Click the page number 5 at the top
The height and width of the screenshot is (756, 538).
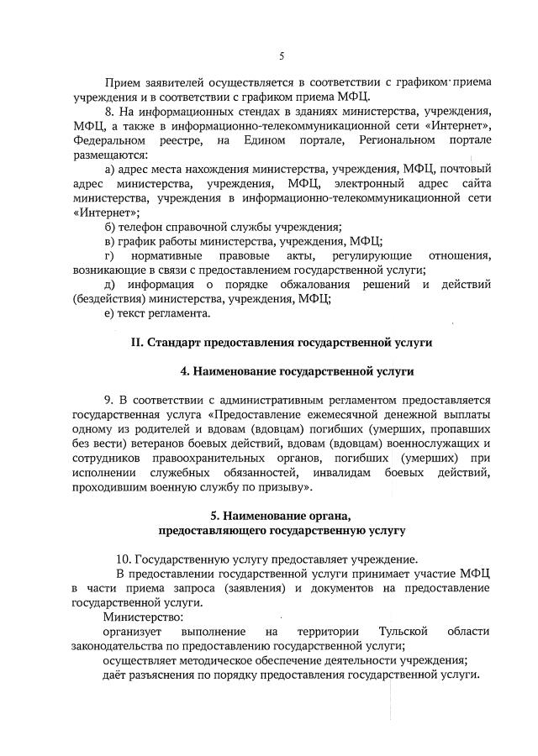pos(282,56)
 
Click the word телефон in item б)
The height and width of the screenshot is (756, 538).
pos(143,227)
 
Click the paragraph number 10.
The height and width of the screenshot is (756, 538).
pos(124,559)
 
